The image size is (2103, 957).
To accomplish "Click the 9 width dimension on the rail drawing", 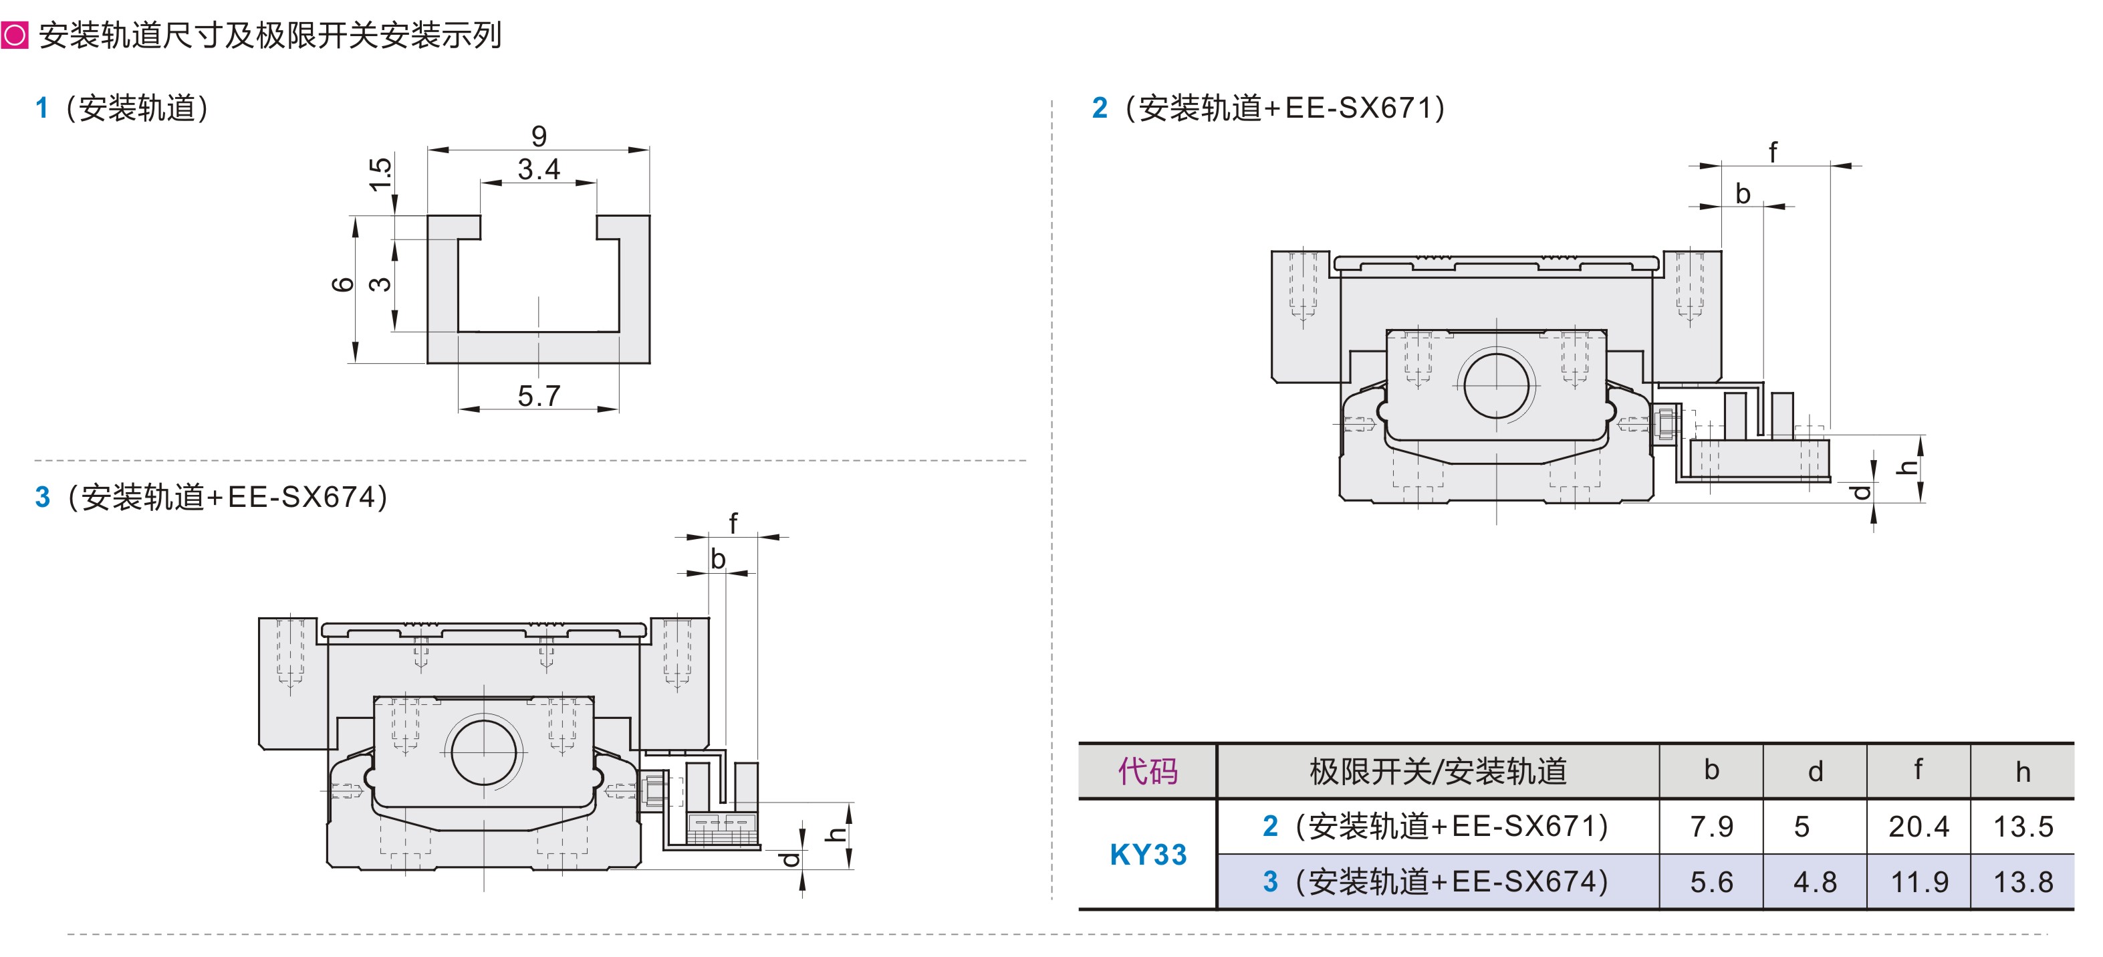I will pyautogui.click(x=539, y=136).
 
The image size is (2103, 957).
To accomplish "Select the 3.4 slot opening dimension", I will pyautogui.click(x=539, y=169).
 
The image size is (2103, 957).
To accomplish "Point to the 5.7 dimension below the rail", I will pyautogui.click(x=539, y=396).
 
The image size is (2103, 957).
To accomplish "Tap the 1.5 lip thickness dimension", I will pyautogui.click(x=380, y=174).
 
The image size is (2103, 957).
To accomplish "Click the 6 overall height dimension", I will pyautogui.click(x=343, y=284).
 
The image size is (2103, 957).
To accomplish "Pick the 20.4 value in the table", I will pyautogui.click(x=1919, y=827).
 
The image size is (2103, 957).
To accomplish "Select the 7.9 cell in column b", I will pyautogui.click(x=1711, y=827).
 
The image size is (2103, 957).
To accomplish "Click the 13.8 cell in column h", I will pyautogui.click(x=2023, y=883).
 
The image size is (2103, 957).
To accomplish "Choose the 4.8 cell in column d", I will pyautogui.click(x=1815, y=883).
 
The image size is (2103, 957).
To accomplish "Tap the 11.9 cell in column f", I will pyautogui.click(x=1919, y=883).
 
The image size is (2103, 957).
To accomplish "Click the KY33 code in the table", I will pyautogui.click(x=1148, y=855).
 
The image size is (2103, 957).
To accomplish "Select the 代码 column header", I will pyautogui.click(x=1148, y=772).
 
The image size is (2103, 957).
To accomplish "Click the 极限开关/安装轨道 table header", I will pyautogui.click(x=1438, y=772).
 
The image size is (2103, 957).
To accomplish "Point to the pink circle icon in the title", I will pyautogui.click(x=15, y=36).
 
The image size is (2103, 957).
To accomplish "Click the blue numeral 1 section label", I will pyautogui.click(x=41, y=108).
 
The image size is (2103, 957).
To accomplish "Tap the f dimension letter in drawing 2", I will pyautogui.click(x=1772, y=152).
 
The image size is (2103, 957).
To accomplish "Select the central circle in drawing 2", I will pyautogui.click(x=1497, y=385).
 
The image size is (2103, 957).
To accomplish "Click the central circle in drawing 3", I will pyautogui.click(x=483, y=751).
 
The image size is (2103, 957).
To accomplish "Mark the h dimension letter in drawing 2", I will pyautogui.click(x=1908, y=467).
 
